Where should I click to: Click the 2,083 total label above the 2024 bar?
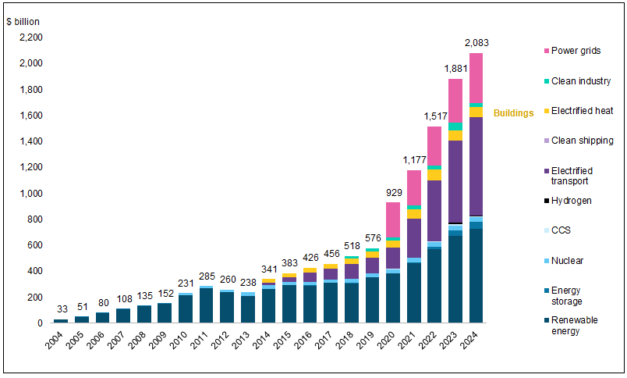tap(476, 43)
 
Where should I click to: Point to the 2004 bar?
tap(60, 320)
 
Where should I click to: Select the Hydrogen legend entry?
tap(571, 201)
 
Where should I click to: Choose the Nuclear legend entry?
tap(569, 260)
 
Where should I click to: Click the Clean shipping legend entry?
tap(582, 141)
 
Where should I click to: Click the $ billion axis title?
tap(23, 21)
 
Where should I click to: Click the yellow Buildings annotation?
tap(513, 113)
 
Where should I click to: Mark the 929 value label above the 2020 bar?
tap(393, 192)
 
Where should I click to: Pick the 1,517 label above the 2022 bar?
tap(435, 116)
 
